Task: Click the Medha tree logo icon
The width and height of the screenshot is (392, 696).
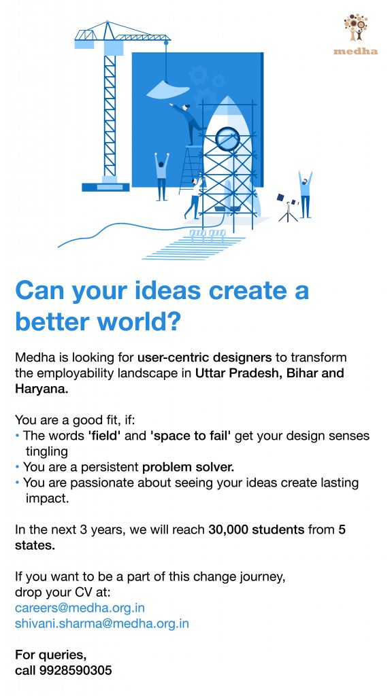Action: [x=355, y=27]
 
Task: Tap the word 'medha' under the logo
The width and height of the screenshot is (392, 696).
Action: [x=355, y=52]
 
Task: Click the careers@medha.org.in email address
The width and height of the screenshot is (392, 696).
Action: [x=80, y=607]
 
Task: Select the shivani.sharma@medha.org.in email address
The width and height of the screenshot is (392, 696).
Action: [x=102, y=624]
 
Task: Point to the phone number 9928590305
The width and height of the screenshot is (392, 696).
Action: [x=76, y=670]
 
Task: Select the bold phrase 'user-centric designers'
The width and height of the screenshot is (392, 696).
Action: [x=204, y=358]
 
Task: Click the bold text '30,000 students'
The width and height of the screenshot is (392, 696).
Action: [x=257, y=529]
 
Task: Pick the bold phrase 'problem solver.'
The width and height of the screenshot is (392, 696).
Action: [x=188, y=467]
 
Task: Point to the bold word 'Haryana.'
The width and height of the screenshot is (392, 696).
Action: [x=42, y=389]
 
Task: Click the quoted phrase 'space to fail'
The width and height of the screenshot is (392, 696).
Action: [x=191, y=436]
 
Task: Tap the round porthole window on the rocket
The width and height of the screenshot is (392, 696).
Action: [x=227, y=139]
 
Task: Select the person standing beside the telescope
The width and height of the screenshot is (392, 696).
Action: [x=306, y=194]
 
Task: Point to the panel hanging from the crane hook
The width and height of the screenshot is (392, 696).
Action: [x=168, y=90]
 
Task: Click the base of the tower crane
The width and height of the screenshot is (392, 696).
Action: [x=105, y=187]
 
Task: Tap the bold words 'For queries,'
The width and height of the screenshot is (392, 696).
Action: [x=50, y=655]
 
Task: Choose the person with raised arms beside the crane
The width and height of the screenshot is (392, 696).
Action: [x=161, y=176]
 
